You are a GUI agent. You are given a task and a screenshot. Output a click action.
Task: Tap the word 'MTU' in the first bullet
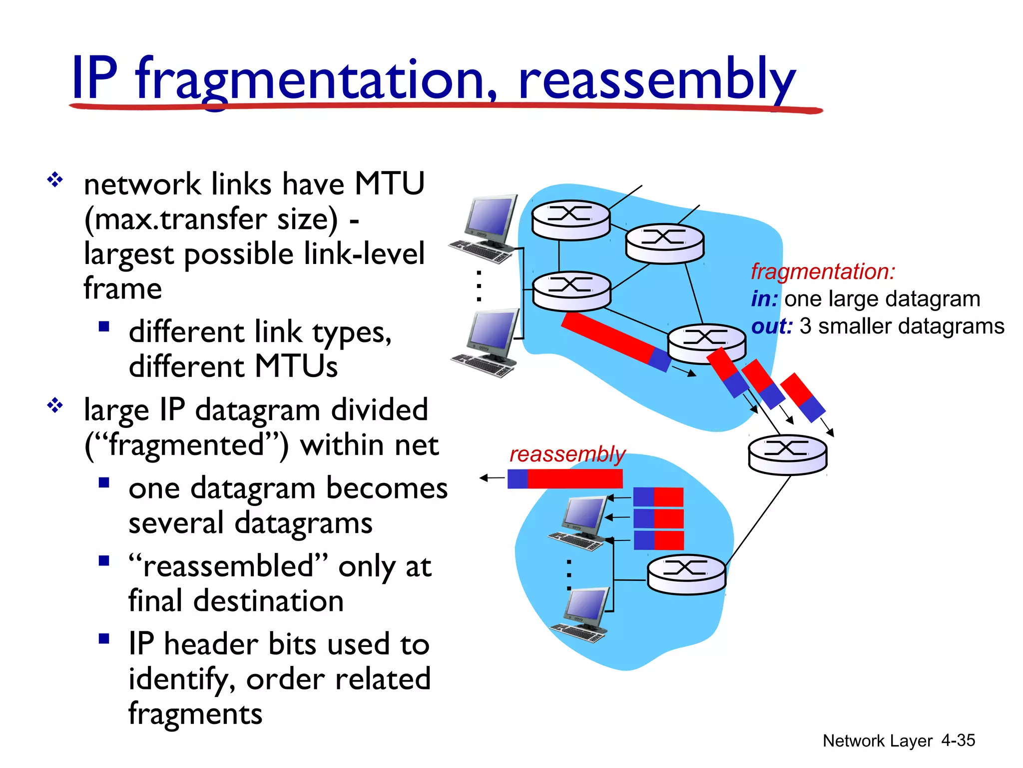pyautogui.click(x=389, y=183)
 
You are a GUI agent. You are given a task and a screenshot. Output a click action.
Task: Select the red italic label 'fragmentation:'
pyautogui.click(x=823, y=271)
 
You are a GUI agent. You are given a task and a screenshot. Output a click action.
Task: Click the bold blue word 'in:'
pyautogui.click(x=764, y=299)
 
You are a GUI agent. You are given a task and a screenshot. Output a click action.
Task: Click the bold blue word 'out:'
pyautogui.click(x=772, y=326)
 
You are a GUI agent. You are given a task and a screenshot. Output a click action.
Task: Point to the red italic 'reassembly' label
pyautogui.click(x=567, y=454)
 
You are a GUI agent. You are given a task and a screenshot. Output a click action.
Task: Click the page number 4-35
pyautogui.click(x=958, y=740)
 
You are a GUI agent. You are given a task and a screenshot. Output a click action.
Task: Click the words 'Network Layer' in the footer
pyautogui.click(x=877, y=740)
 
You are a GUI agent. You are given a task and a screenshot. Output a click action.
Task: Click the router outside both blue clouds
pyautogui.click(x=787, y=454)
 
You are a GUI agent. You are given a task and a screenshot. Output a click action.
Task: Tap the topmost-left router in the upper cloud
pyautogui.click(x=570, y=219)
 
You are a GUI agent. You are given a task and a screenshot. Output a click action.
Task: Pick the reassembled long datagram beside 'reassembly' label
pyautogui.click(x=565, y=478)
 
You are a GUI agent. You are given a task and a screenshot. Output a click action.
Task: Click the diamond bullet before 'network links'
pyautogui.click(x=54, y=179)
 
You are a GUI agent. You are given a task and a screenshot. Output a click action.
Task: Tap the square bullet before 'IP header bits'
pyautogui.click(x=104, y=638)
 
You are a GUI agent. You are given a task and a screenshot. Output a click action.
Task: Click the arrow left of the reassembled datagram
pyautogui.click(x=492, y=478)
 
